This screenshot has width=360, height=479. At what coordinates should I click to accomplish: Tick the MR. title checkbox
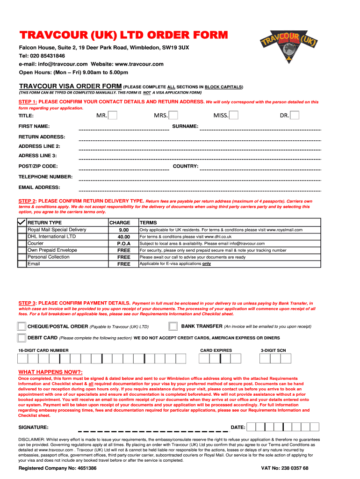(113, 115)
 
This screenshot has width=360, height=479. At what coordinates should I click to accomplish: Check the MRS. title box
(173, 115)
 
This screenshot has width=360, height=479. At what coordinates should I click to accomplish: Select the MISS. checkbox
(233, 115)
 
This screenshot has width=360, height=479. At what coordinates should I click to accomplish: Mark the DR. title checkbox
(294, 115)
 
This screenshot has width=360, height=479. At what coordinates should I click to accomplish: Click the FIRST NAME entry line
(124, 129)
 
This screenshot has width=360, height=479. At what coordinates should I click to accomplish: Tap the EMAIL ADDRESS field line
(200, 190)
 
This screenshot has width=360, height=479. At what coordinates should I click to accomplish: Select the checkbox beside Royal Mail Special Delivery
(22, 230)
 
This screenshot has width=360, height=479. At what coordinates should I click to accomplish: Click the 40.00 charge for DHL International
(124, 237)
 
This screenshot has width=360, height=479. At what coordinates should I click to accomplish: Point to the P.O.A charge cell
(124, 244)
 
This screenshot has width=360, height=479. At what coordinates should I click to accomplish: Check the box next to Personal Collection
(22, 257)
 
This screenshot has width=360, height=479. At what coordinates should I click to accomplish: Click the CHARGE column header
(120, 223)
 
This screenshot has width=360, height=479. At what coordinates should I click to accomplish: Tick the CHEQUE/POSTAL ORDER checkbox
(22, 327)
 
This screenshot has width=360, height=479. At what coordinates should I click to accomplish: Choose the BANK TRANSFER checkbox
(173, 326)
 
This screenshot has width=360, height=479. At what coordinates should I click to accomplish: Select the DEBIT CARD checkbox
(22, 338)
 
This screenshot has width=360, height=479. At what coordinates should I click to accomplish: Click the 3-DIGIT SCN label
(274, 350)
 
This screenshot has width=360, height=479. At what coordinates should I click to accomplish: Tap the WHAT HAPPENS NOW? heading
(50, 372)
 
